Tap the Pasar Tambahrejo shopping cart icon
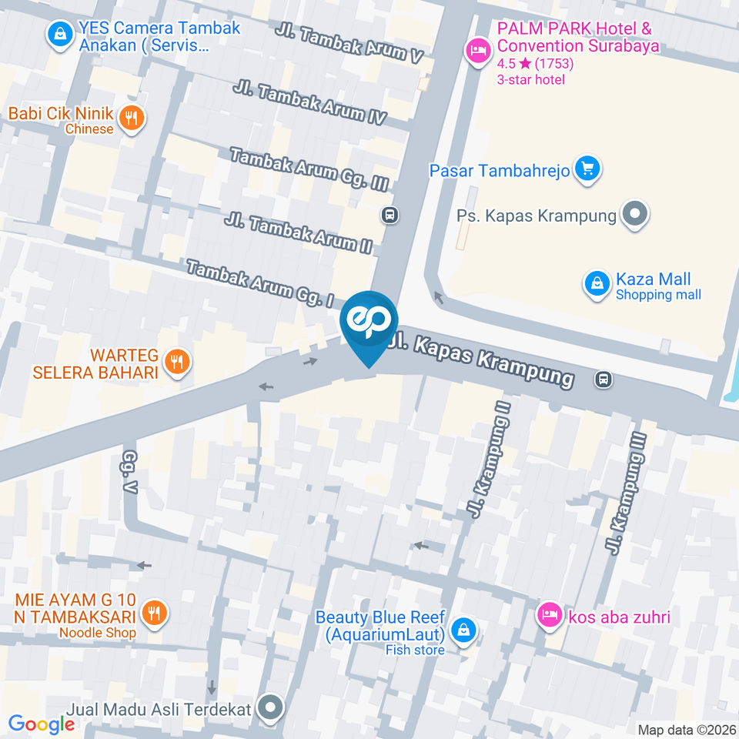click(x=588, y=169)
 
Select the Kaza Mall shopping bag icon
click(x=597, y=284)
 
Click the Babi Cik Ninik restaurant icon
click(x=132, y=118)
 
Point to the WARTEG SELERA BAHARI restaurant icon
click(x=177, y=359)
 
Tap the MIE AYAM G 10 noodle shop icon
click(x=154, y=613)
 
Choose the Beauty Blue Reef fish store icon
click(x=463, y=630)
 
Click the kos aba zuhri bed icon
click(x=549, y=614)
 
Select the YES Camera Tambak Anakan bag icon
click(x=59, y=33)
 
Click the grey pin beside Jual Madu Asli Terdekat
click(x=270, y=707)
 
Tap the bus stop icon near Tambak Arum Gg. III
click(x=390, y=215)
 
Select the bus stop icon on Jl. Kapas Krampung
click(x=604, y=379)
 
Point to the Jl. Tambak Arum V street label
click(x=349, y=45)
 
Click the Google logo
click(x=41, y=724)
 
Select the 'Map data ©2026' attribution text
click(x=685, y=729)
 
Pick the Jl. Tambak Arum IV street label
click(x=309, y=103)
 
